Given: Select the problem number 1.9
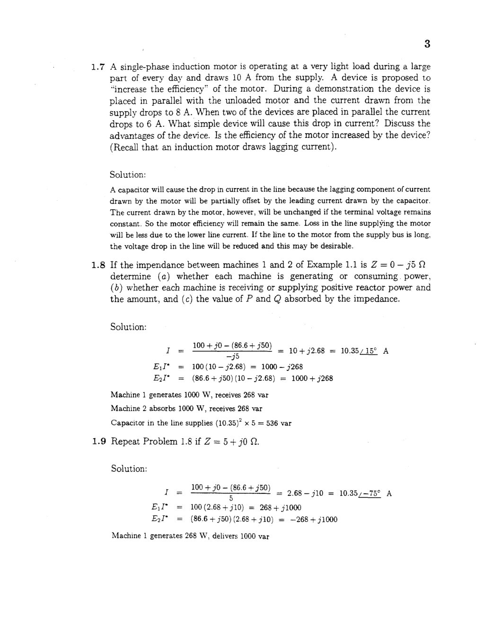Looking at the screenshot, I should coord(98,442).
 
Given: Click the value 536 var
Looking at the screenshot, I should coord(279,423).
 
